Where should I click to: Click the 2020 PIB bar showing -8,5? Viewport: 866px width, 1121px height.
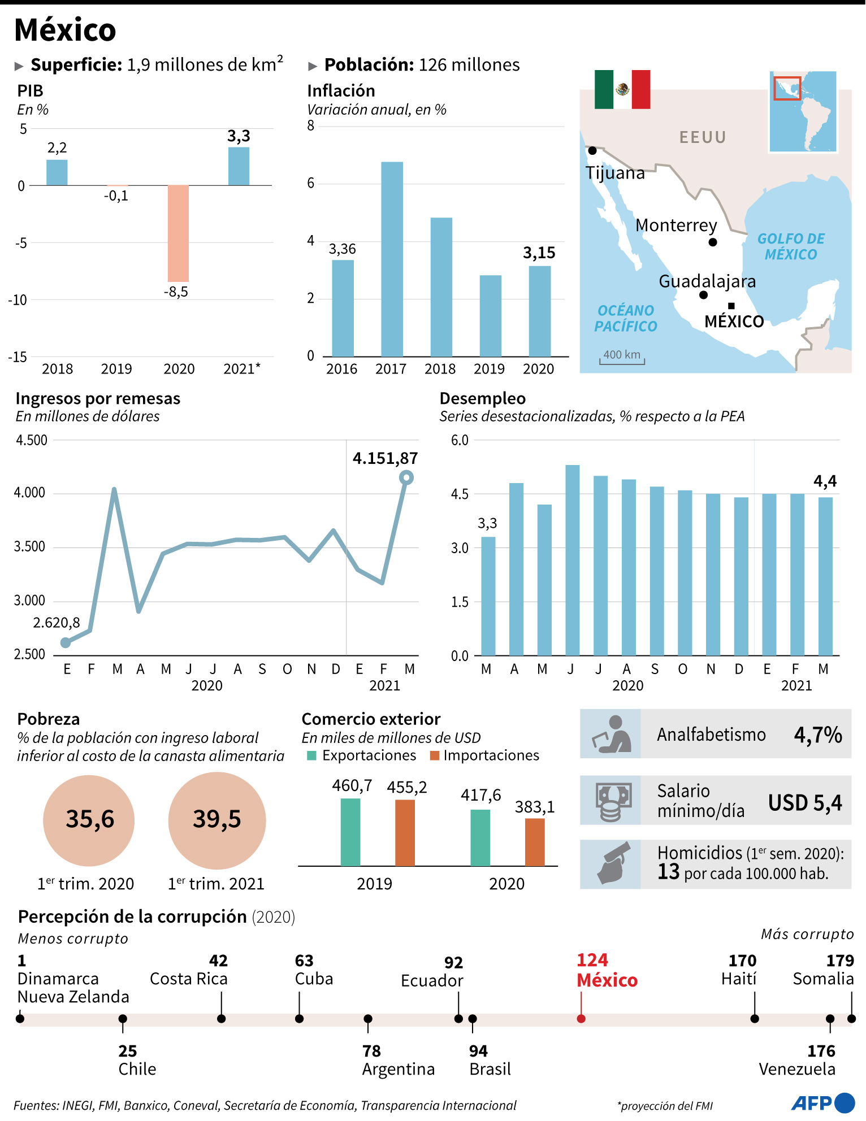pos(178,233)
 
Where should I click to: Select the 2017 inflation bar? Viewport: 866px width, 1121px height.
pos(392,259)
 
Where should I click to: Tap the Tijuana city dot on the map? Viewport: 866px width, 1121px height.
pos(592,151)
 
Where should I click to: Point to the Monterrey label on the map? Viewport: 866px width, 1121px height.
pos(676,225)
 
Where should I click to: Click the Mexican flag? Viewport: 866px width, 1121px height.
pos(622,89)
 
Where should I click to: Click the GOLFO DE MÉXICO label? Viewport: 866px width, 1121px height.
pos(791,246)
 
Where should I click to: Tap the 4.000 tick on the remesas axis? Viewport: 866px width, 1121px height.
pos(29,493)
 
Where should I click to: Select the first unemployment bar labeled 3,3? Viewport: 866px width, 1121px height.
pos(488,596)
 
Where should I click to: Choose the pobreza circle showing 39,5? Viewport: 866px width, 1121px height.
pos(217,820)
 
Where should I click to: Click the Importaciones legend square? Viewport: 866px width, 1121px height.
pos(435,756)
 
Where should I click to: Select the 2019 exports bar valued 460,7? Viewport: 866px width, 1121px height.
pos(350,832)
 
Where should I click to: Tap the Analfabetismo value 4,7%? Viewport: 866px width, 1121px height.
pos(817,735)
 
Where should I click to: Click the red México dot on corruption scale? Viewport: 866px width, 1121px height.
pos(581,1019)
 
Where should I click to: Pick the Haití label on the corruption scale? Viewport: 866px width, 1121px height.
pos(738,979)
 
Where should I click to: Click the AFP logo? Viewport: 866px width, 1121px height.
pos(823,1103)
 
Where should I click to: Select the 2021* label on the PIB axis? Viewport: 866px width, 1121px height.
pos(241,369)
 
